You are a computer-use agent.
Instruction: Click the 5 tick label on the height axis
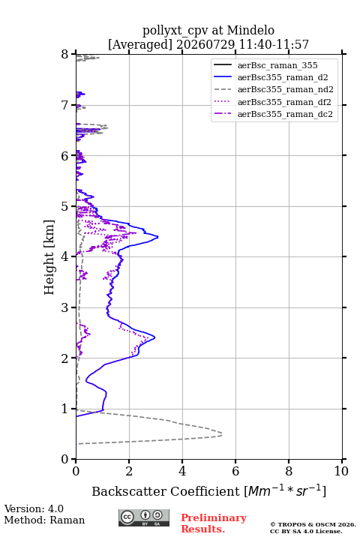click(x=65, y=206)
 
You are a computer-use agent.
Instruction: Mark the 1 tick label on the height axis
click(x=65, y=409)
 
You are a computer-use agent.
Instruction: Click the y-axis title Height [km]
click(x=49, y=257)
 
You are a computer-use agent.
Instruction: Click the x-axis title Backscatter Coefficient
click(x=165, y=491)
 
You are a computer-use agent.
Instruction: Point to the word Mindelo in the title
click(x=250, y=30)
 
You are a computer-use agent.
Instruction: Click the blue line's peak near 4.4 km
click(x=157, y=236)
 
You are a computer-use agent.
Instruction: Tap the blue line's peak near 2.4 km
click(x=154, y=337)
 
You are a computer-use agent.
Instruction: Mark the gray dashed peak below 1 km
click(x=221, y=434)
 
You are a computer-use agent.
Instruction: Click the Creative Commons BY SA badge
click(x=144, y=517)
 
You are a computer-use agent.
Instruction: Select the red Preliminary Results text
click(x=214, y=523)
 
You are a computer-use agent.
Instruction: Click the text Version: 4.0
click(x=34, y=508)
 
